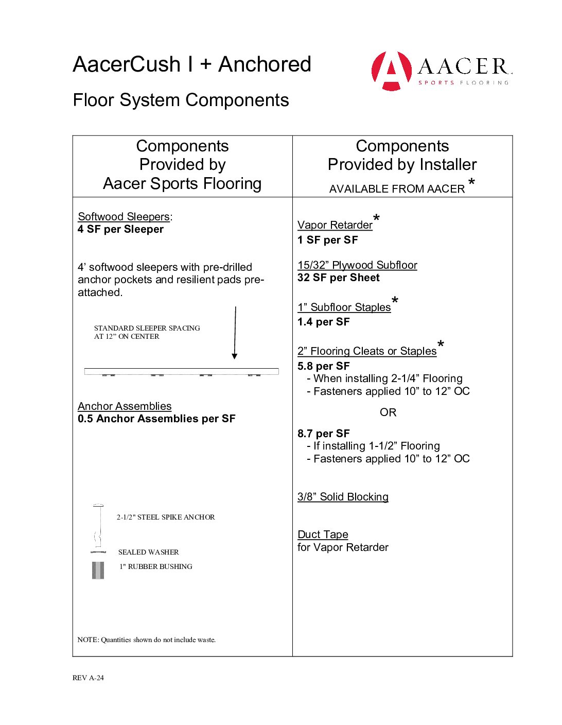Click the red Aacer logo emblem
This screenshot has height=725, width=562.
[x=392, y=71]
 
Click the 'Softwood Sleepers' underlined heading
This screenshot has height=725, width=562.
[x=124, y=217]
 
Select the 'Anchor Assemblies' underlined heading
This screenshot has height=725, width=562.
[x=125, y=406]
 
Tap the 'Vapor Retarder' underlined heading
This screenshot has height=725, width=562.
[x=335, y=225]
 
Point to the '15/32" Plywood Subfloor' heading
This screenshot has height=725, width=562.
[x=357, y=265]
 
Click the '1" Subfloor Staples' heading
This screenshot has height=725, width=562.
[x=344, y=307]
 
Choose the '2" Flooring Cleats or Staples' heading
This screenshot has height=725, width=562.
[x=367, y=351]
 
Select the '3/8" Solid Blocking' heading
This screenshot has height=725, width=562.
[x=343, y=497]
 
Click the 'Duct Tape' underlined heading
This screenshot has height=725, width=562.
[x=323, y=534]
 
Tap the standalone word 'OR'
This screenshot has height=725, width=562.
[x=388, y=412]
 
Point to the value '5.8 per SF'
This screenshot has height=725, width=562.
[x=324, y=366]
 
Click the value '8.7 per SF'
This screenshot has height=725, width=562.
[x=324, y=434]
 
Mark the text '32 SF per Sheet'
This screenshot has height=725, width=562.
[x=339, y=278]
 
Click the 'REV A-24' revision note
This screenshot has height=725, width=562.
[x=88, y=678]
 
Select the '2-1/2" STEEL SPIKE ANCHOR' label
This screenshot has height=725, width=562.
[x=166, y=517]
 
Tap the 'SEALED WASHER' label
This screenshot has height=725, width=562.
[x=148, y=552]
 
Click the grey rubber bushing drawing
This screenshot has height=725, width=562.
[x=98, y=571]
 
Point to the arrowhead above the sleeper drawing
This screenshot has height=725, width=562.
[x=235, y=356]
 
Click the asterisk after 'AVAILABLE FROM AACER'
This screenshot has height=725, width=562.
[x=471, y=182]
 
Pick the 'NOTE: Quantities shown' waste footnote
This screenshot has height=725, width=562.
[x=147, y=640]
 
